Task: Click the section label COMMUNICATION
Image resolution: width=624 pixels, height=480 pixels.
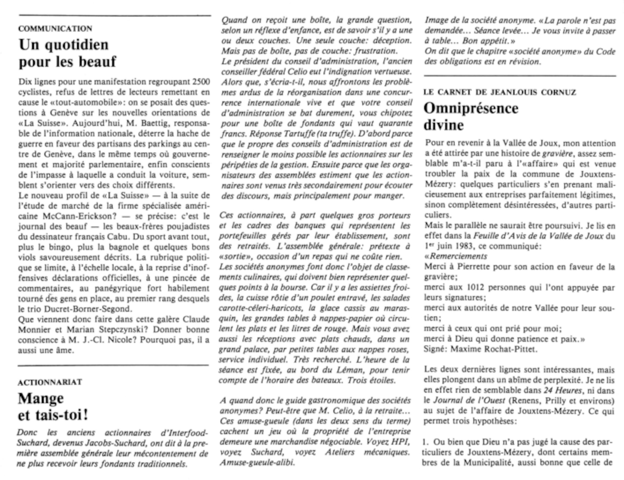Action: point(55,29)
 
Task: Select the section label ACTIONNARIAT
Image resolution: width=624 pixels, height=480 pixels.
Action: point(50,382)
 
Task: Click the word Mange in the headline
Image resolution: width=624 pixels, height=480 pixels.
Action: point(41,399)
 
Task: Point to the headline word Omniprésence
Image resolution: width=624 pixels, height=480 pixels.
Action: point(471,108)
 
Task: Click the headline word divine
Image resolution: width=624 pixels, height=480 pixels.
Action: point(443,125)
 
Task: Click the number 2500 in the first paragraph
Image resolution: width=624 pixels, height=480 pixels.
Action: point(201,82)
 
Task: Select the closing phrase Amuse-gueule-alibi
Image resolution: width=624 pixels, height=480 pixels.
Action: point(257,463)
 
